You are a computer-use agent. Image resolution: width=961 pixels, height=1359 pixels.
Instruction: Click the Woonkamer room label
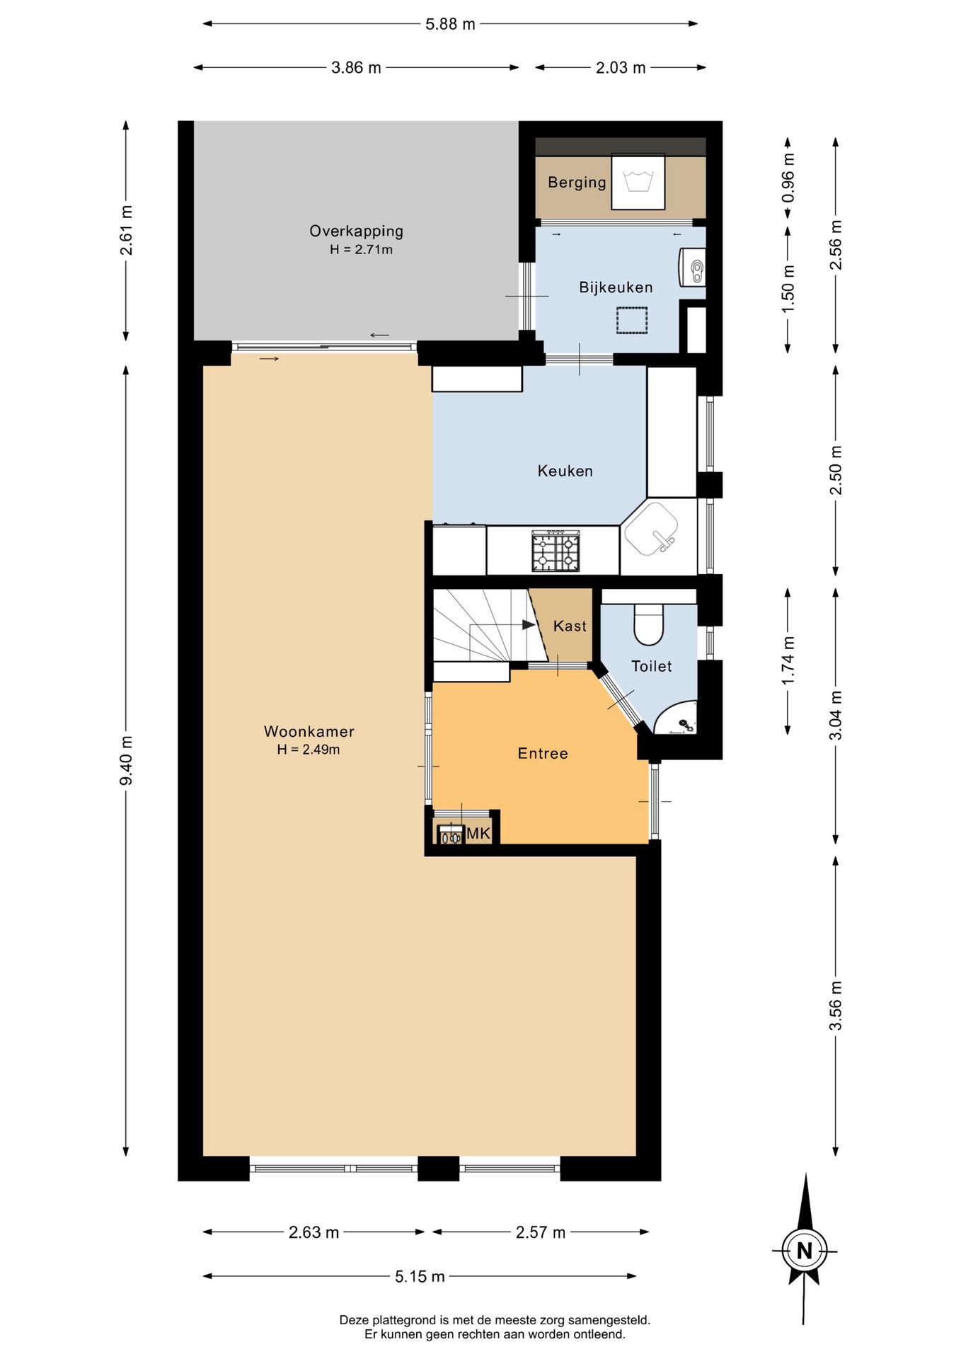click(x=309, y=731)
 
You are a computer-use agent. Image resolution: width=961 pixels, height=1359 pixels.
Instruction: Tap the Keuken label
click(x=565, y=471)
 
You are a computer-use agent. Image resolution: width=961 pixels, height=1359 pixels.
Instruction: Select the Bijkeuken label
click(x=616, y=287)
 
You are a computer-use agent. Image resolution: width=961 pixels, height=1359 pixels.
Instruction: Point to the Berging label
click(x=577, y=182)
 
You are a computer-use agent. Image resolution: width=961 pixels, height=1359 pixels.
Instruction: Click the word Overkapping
click(x=356, y=231)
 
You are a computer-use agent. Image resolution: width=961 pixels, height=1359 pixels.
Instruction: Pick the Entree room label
click(x=543, y=753)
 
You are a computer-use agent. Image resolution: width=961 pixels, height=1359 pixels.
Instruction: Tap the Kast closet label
click(x=570, y=626)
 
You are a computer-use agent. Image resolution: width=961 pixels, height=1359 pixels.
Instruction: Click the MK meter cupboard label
click(x=478, y=833)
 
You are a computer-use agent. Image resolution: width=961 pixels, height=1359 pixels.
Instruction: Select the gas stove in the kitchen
click(x=556, y=551)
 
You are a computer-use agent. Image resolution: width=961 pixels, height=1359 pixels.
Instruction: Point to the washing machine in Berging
click(x=638, y=181)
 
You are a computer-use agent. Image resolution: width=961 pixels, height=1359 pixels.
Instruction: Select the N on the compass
click(x=805, y=1251)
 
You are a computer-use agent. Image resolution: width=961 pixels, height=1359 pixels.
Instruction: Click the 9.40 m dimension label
click(x=126, y=761)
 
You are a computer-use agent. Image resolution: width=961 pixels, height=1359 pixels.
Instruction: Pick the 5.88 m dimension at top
click(x=450, y=24)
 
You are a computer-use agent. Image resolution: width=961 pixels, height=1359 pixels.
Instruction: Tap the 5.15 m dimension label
click(x=420, y=1276)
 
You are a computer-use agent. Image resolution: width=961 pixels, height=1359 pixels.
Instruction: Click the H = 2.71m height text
click(x=361, y=249)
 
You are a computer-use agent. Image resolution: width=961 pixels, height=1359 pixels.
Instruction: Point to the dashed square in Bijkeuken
click(x=632, y=320)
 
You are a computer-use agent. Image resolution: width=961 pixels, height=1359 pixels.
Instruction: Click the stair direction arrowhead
click(x=529, y=624)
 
